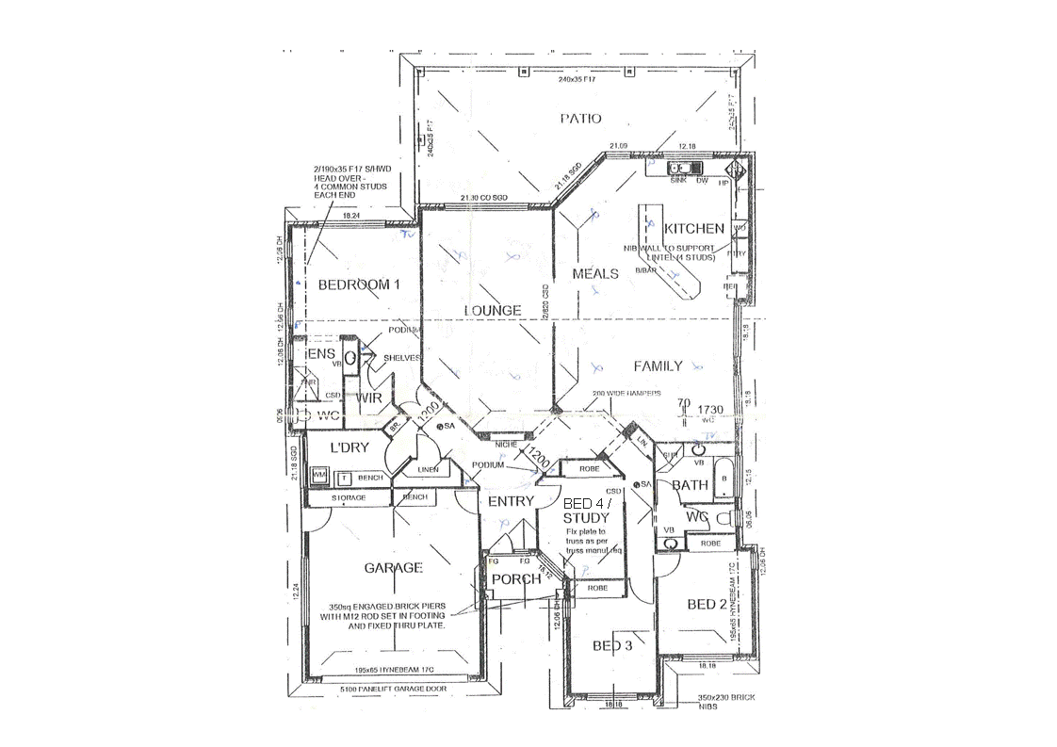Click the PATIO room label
point(580,119)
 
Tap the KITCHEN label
point(694,228)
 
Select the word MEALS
point(595,273)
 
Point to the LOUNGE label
point(492,310)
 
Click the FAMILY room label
point(658,365)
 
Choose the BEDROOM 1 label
point(358,284)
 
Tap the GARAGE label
point(393,567)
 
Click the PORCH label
point(517,578)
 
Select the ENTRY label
point(511,501)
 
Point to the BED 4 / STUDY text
point(586,511)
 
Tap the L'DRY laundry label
point(349,447)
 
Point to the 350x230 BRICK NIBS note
point(725,702)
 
